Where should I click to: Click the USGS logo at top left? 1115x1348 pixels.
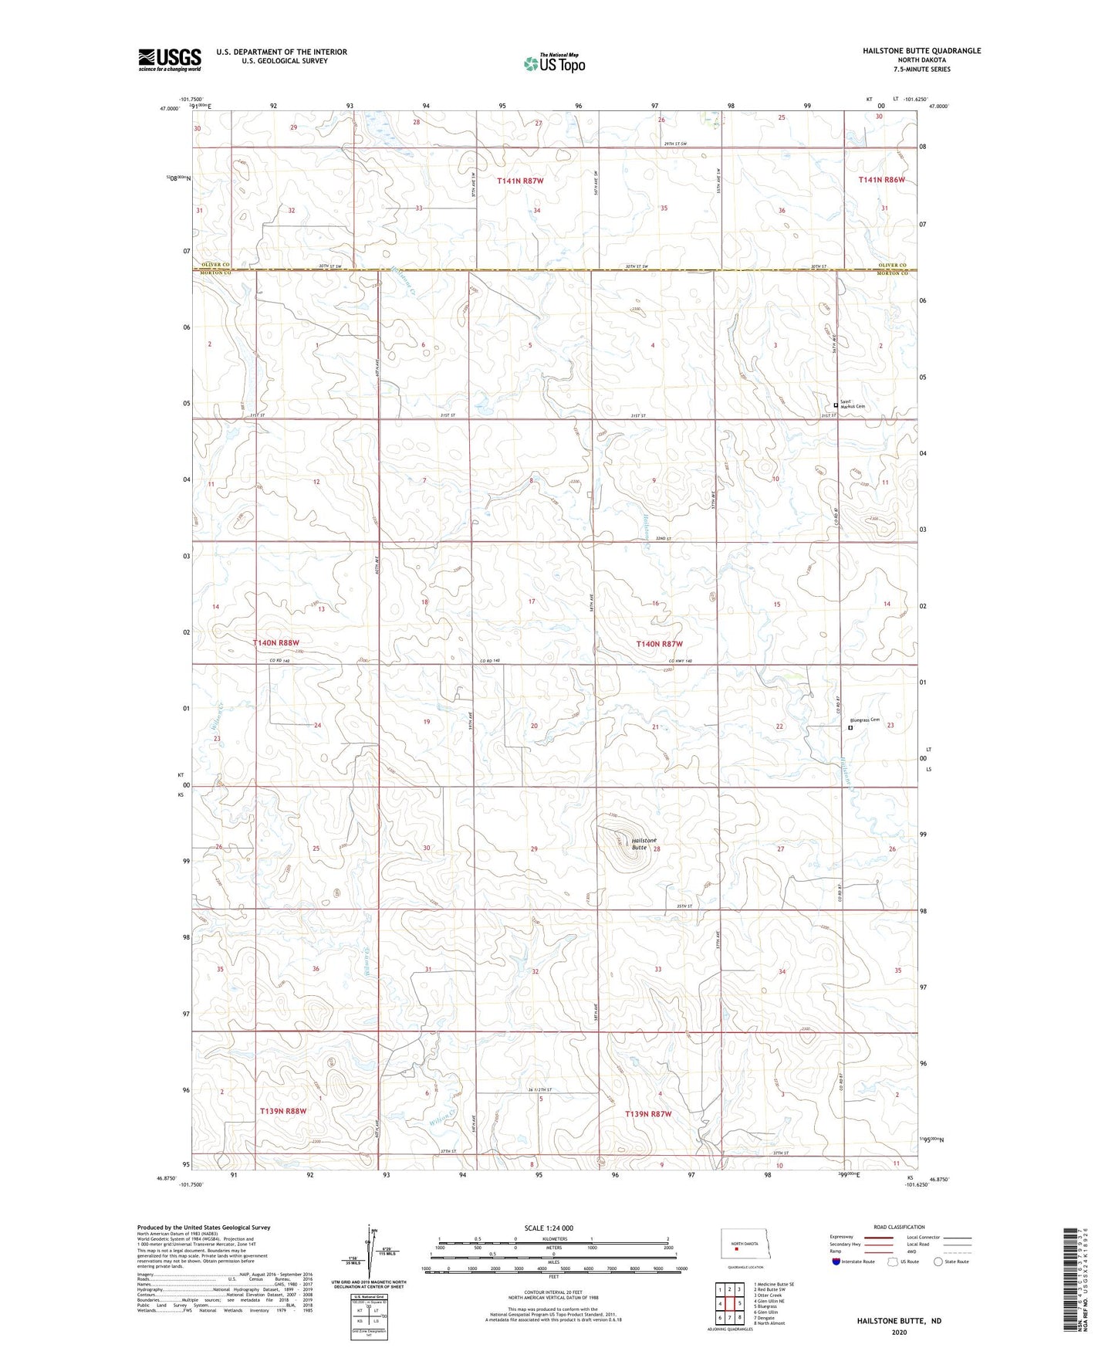170,59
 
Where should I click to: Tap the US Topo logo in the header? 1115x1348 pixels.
554,63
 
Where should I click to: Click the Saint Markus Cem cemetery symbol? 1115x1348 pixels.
836,405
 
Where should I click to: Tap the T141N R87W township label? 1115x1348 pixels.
520,181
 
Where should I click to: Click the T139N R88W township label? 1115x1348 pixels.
283,1111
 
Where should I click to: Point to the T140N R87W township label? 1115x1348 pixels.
659,644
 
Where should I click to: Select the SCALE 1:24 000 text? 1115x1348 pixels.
549,1228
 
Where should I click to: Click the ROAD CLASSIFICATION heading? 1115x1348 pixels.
899,1227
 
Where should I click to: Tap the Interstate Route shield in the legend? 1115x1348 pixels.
836,1262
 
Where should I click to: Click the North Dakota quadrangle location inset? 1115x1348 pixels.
746,1245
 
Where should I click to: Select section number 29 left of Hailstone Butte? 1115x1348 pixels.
534,848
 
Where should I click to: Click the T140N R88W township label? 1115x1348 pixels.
275,642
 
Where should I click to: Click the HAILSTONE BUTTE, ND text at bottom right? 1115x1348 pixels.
898,1321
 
